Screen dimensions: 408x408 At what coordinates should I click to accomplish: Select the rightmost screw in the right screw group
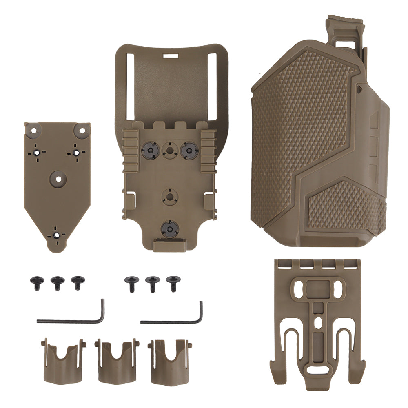[x=171, y=282]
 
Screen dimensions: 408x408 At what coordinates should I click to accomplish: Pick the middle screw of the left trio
[x=56, y=282]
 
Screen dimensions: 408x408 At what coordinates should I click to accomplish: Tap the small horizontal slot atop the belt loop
[x=171, y=53]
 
